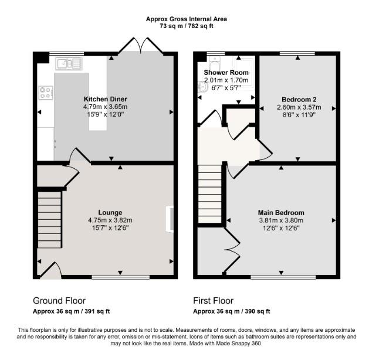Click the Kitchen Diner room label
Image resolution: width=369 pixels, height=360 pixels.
click(105, 99)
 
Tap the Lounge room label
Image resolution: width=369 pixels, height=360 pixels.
click(110, 213)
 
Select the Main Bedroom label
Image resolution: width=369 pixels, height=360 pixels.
click(281, 213)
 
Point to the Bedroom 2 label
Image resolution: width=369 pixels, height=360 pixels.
click(299, 99)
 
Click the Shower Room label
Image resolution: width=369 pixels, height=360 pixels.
click(226, 73)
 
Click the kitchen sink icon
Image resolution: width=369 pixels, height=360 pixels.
click(69, 63)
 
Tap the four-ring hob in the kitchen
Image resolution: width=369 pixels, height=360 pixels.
click(46, 93)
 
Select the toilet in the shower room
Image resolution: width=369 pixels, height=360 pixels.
click(214, 62)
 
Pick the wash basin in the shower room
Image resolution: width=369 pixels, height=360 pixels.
click(203, 87)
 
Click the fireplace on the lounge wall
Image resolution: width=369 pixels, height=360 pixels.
click(170, 219)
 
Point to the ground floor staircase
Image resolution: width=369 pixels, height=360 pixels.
click(49, 220)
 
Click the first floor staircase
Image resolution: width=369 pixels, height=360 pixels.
click(209, 193)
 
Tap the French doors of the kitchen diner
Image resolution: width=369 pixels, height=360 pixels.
click(140, 45)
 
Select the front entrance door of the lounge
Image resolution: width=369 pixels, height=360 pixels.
click(50, 270)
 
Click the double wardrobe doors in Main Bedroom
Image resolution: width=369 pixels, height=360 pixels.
click(232, 250)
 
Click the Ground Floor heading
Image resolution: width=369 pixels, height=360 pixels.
click(59, 301)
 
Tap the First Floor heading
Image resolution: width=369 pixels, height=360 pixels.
click(213, 301)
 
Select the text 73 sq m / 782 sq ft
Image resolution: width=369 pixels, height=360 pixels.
click(187, 26)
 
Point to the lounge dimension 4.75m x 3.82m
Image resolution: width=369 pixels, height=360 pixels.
click(110, 220)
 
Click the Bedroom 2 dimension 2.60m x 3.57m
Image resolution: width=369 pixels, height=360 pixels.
click(299, 107)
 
